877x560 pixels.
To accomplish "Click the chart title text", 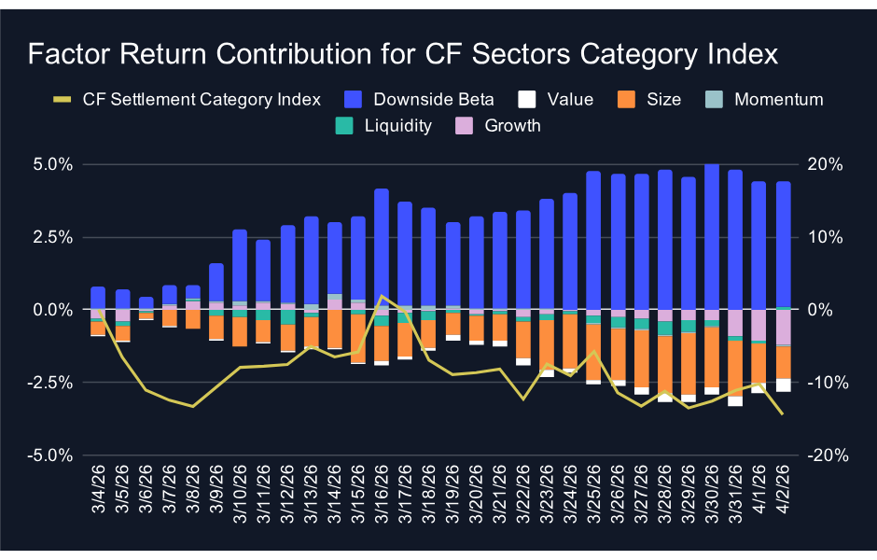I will [402, 54].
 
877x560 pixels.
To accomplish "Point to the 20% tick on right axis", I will [825, 164].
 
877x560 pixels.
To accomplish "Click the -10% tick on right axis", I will [825, 383].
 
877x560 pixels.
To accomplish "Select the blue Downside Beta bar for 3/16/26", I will [382, 248].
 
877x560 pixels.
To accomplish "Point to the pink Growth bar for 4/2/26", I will [784, 328].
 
